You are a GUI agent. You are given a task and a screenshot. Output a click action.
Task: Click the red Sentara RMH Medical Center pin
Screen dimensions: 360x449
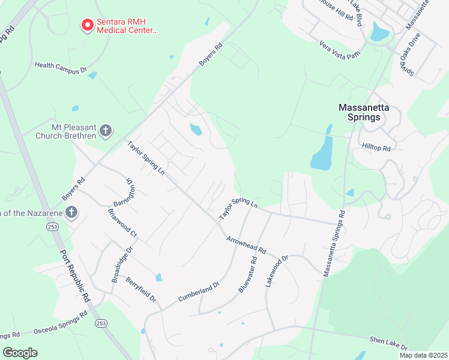[88, 25]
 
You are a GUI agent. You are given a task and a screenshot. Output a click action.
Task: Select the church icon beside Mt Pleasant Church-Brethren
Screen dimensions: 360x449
[106, 131]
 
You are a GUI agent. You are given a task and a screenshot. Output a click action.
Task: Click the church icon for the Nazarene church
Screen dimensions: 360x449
[71, 212]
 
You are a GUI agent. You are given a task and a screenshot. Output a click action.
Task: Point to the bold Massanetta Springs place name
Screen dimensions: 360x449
[364, 112]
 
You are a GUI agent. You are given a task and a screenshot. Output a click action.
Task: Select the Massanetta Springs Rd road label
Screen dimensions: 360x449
[334, 244]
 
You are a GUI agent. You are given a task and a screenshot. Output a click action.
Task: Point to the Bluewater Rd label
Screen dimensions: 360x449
[247, 275]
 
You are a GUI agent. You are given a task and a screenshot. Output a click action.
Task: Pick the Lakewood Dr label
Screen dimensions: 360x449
[277, 271]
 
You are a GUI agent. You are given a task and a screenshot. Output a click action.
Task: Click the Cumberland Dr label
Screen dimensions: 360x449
[196, 291]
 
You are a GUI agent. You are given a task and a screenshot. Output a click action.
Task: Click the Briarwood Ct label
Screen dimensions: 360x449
[122, 222]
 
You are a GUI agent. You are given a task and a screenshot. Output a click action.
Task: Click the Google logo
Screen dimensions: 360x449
[20, 353]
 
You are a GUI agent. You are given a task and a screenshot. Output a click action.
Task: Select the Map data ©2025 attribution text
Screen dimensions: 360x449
[423, 355]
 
